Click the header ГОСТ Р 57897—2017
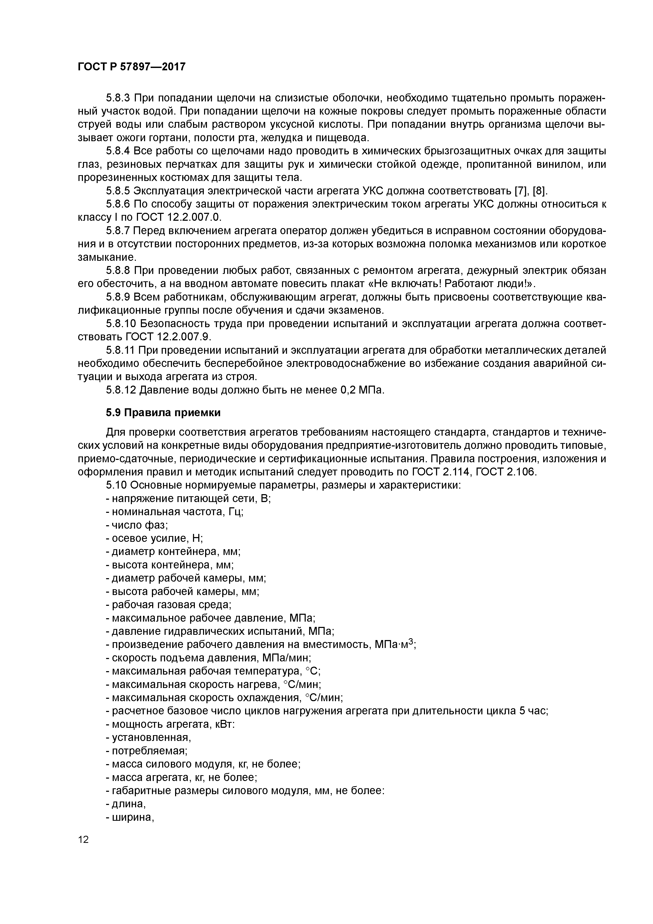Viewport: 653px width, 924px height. pos(132,66)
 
